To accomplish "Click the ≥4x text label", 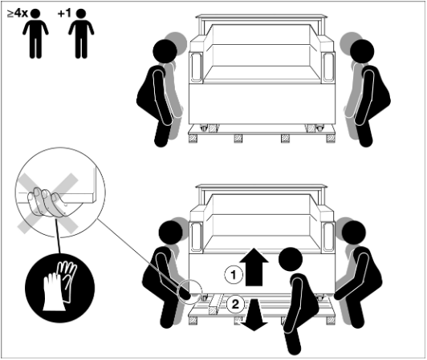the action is [18, 13].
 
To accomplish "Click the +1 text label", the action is [64, 13].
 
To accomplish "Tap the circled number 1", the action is [234, 275].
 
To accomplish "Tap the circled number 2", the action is [235, 304].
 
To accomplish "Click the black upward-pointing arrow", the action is [254, 267].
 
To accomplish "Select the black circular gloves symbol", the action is [60, 288].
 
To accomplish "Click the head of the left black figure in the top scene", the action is [165, 51].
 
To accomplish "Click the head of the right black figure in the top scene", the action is [362, 51].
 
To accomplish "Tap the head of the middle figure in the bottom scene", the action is [291, 259].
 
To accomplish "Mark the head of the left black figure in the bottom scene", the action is [170, 233].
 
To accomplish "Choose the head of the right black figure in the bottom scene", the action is [354, 233].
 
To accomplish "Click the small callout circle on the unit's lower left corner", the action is [189, 292].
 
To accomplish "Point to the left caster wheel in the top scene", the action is [204, 127].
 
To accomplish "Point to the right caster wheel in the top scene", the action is [319, 127].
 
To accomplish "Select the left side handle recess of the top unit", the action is [196, 67].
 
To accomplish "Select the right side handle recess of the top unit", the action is [327, 67].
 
